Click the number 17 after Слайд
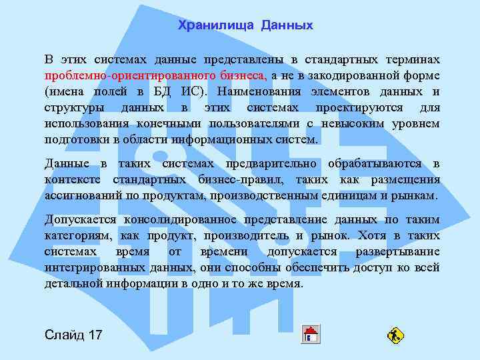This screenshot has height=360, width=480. coord(95,334)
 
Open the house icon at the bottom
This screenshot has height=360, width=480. coord(310,333)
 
